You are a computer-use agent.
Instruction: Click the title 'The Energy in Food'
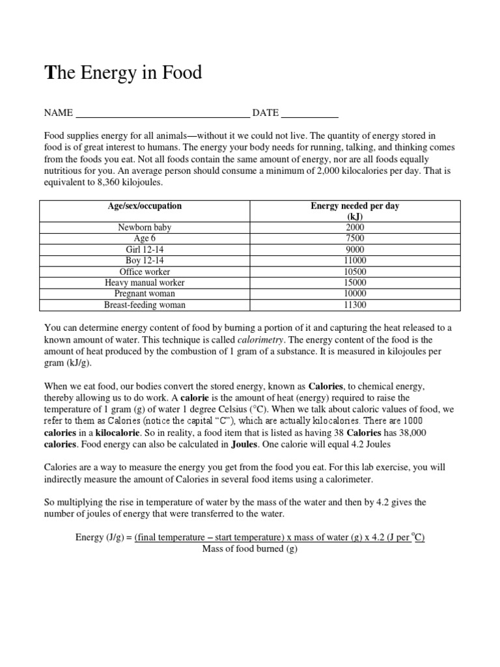[123, 73]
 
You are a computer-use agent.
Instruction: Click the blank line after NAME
[163, 115]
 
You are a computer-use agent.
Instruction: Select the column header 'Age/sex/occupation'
[145, 206]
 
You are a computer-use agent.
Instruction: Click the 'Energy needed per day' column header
[355, 206]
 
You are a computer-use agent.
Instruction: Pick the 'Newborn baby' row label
[145, 227]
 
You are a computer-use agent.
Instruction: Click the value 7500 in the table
[355, 238]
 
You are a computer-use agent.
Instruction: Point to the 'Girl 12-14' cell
[145, 249]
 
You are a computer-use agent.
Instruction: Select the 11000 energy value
[355, 261]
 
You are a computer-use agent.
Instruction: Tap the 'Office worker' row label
[145, 272]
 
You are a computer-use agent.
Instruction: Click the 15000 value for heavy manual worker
[355, 283]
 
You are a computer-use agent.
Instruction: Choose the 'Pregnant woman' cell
[145, 294]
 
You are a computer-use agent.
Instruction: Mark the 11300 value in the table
[355, 305]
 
